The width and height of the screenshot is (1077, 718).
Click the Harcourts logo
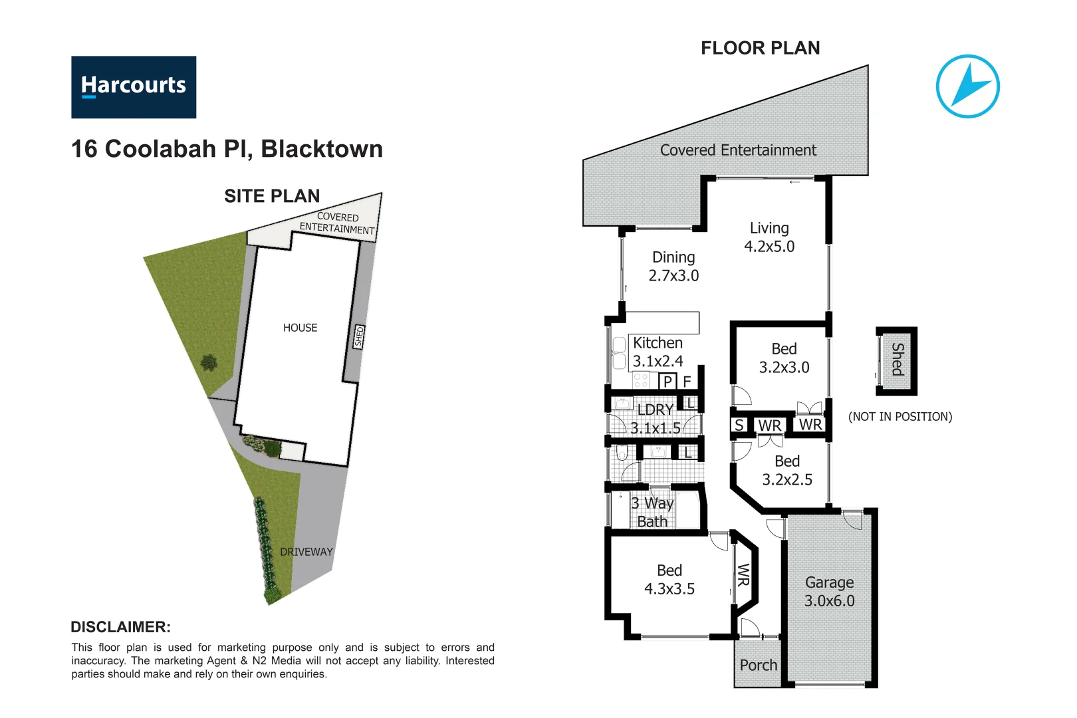[x=134, y=87]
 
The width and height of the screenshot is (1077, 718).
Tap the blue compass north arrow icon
[x=967, y=86]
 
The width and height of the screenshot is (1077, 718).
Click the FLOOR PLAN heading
[x=760, y=48]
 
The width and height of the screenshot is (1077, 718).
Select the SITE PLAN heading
[x=272, y=196]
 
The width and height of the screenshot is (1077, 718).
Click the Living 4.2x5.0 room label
[x=769, y=237]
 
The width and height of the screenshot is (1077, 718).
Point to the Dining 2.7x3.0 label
[x=673, y=266]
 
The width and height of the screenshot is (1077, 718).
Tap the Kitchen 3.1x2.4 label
[x=658, y=352]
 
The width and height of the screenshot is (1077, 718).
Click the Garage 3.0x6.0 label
[x=829, y=591]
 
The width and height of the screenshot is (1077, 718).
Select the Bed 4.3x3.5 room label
[x=669, y=579]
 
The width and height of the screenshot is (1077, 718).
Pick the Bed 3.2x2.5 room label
[x=787, y=470]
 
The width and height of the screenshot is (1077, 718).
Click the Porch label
[x=758, y=665]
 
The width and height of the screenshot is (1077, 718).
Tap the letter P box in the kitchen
[x=667, y=382]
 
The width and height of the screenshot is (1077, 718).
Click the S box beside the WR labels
[x=739, y=425]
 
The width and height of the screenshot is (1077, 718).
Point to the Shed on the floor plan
[x=897, y=360]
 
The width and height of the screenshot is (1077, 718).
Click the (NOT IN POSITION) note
[x=900, y=417]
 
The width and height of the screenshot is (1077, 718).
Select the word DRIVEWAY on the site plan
[x=306, y=552]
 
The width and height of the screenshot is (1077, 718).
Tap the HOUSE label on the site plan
[x=300, y=328]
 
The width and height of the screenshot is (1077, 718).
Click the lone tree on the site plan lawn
[x=209, y=363]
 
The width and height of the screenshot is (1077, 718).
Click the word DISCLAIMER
[x=120, y=627]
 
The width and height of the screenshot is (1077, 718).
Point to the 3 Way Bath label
[x=652, y=512]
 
